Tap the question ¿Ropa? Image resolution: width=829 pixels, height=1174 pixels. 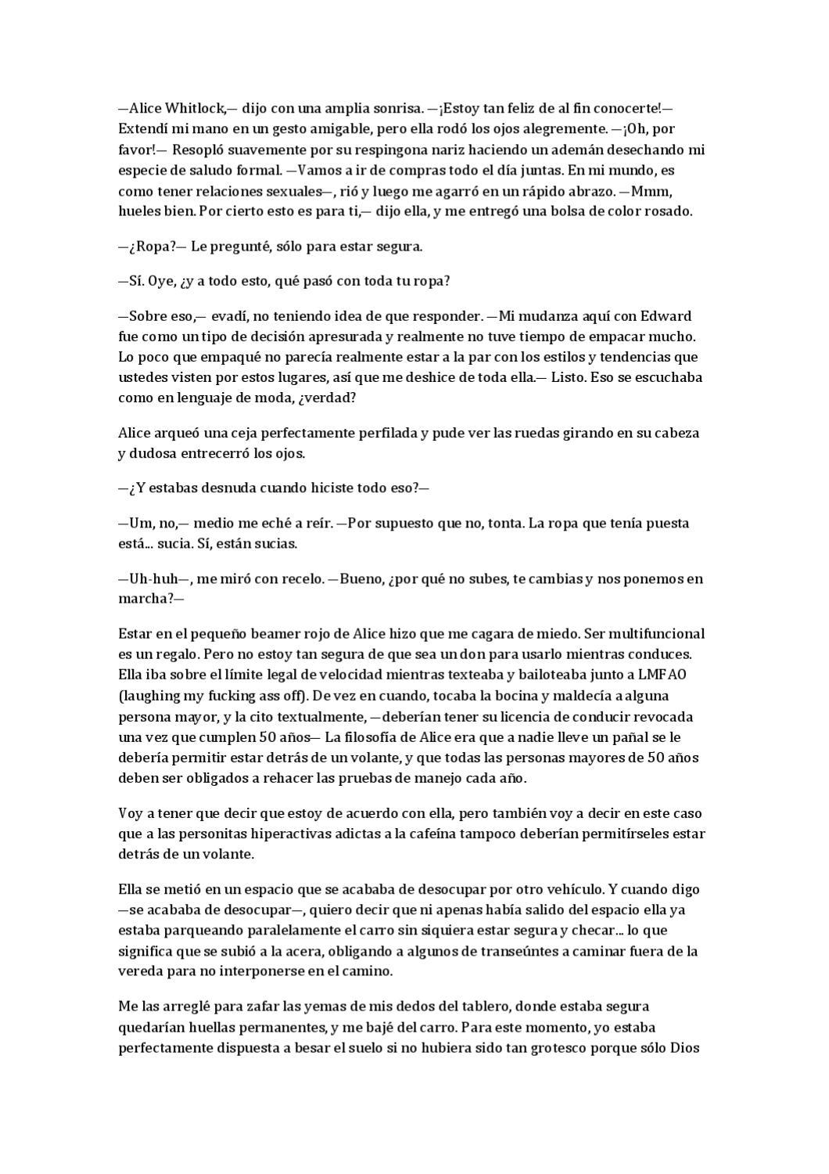point(153,247)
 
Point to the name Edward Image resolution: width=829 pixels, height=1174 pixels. point(666,316)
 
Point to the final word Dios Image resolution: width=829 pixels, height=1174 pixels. point(688,1047)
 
